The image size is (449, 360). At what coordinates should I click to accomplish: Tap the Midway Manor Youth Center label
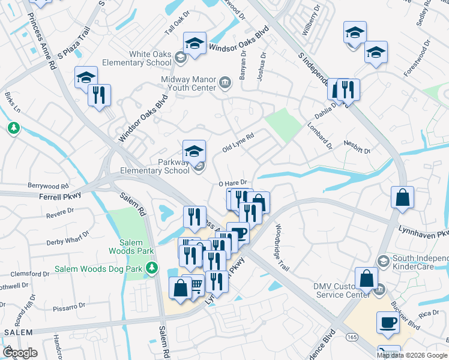[x=188, y=83]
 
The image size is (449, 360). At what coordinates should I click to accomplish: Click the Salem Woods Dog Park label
[x=99, y=269]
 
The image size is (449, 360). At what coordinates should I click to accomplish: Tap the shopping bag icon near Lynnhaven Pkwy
[x=402, y=197]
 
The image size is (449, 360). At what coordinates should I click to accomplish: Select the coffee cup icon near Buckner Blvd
[x=388, y=323]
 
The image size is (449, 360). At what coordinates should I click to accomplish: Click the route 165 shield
[x=351, y=339]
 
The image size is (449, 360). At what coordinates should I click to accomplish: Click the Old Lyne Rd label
[x=238, y=143]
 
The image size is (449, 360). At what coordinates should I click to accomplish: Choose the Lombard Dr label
[x=319, y=136]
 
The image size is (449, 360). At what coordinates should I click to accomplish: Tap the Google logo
[x=19, y=353]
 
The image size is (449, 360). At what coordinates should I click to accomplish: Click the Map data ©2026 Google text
[x=412, y=355]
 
